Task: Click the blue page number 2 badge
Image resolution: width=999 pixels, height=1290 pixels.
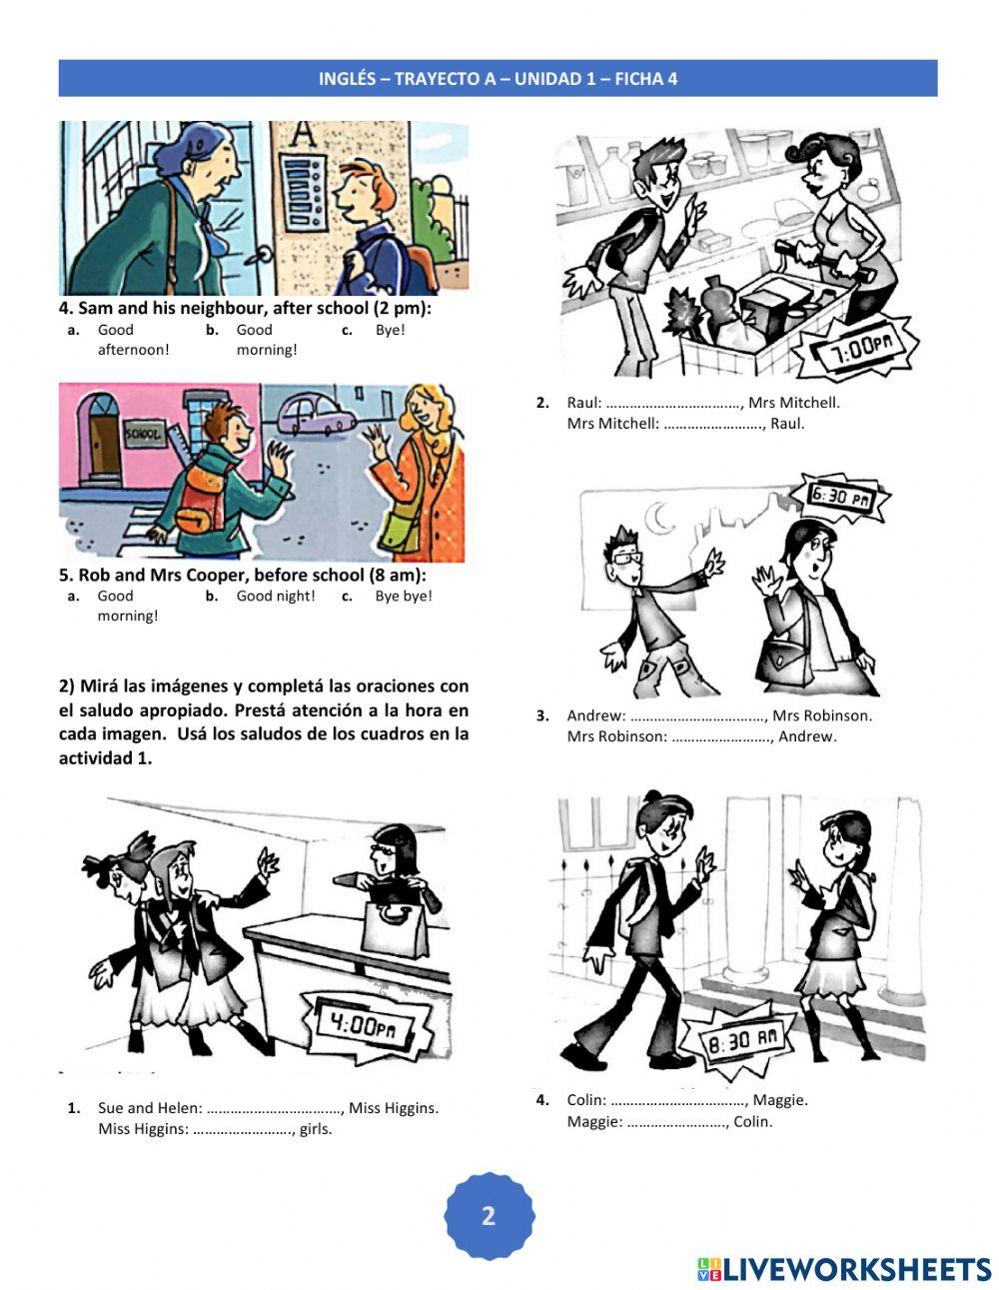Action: (489, 1216)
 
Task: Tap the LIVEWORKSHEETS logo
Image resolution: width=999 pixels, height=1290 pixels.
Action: (843, 1269)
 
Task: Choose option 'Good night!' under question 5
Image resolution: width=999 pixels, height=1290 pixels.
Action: (275, 597)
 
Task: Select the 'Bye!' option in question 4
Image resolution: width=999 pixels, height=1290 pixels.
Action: (390, 330)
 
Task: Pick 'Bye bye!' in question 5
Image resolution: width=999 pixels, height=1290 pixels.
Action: (404, 597)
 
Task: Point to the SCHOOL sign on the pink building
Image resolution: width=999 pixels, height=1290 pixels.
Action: (142, 435)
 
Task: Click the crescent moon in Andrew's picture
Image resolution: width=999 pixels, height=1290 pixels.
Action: (660, 517)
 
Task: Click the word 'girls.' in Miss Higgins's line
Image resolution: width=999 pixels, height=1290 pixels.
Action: (316, 1129)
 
